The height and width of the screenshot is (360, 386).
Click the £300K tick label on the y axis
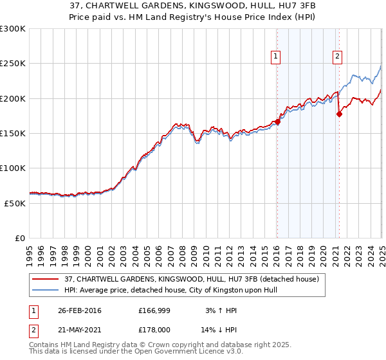[13, 29]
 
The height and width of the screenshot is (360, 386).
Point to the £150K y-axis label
[13, 133]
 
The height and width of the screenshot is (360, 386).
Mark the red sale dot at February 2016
[278, 121]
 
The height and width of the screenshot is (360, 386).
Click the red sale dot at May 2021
[339, 114]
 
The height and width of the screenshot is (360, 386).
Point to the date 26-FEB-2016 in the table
[80, 310]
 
